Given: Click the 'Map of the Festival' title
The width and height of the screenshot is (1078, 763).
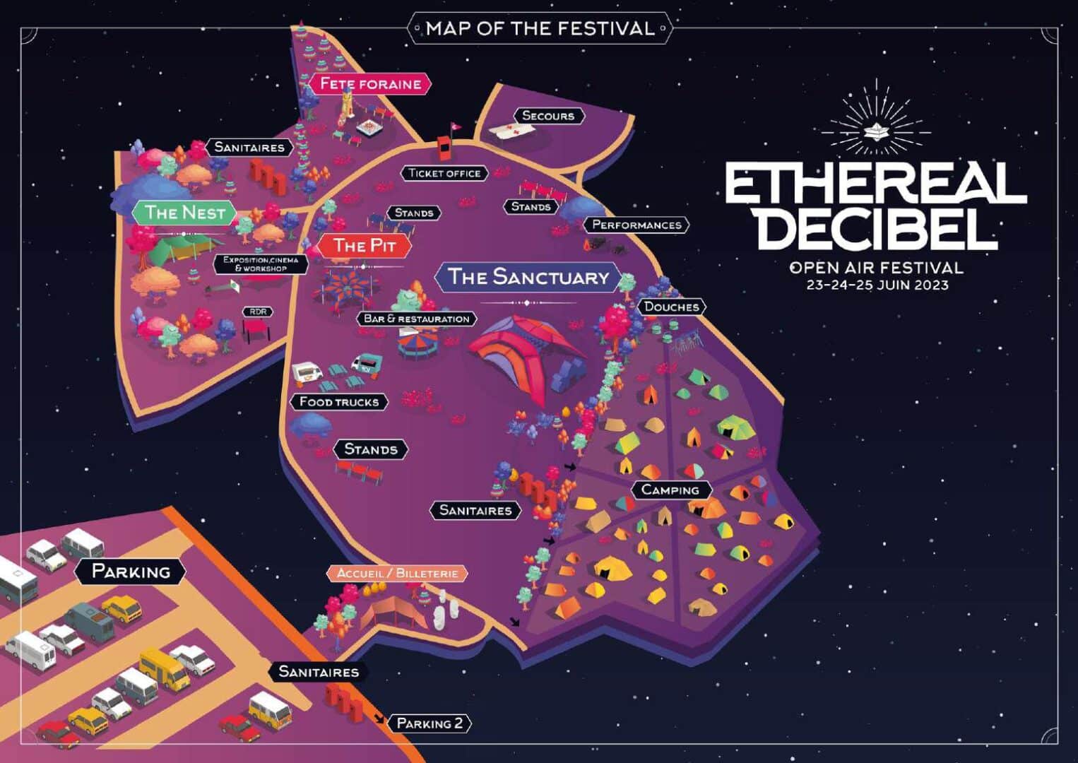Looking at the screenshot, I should click(540, 29).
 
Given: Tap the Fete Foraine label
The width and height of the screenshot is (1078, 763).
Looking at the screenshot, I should click(370, 84).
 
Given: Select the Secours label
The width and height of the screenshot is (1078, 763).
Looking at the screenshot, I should click(547, 116).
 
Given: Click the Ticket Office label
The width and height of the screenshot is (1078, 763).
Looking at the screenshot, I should click(444, 173).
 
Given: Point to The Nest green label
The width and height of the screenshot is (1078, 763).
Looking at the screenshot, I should click(185, 213).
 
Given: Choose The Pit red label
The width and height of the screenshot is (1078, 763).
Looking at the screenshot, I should click(364, 246).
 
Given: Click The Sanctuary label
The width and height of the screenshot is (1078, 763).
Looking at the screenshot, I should click(528, 277).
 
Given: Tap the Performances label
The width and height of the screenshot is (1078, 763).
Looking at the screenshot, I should click(636, 225).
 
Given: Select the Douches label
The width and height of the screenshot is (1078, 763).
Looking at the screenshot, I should click(671, 307).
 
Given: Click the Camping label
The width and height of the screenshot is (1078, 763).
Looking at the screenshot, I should click(670, 490).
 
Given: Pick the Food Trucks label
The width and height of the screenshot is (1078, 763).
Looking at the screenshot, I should click(339, 402).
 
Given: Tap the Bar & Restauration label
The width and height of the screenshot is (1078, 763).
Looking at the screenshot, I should click(416, 319).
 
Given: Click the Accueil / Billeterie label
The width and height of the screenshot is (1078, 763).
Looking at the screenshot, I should click(397, 574).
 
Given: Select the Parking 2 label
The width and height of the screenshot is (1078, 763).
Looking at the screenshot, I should click(430, 723).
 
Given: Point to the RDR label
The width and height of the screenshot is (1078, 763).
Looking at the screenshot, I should click(258, 312).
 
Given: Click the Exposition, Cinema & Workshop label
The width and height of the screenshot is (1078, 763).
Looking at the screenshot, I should click(261, 264).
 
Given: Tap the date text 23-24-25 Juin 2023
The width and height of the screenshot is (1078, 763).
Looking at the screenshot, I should click(877, 285).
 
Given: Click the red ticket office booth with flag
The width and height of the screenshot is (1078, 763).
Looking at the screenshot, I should click(445, 145).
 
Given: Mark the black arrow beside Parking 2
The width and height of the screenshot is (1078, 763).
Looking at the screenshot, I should click(380, 718).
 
